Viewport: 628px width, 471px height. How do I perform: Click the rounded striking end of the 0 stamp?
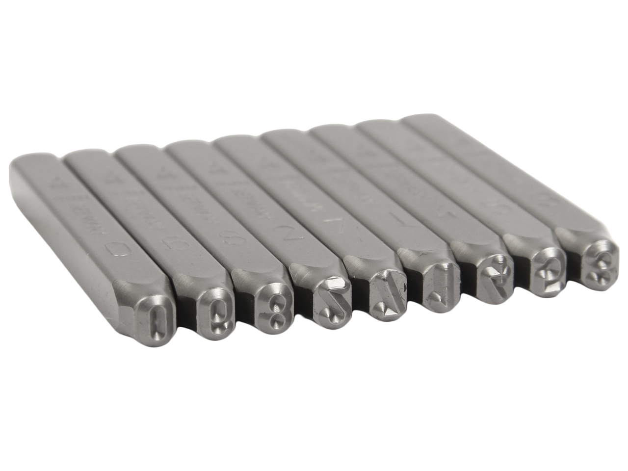click(29, 162)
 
